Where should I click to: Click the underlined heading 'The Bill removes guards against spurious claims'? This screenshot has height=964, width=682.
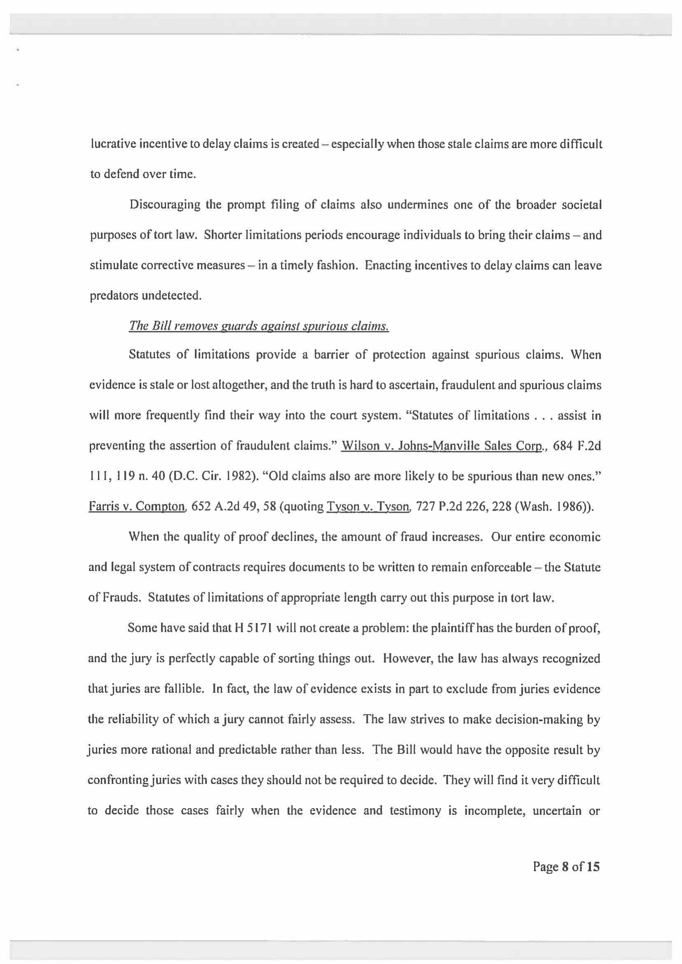coord(259,326)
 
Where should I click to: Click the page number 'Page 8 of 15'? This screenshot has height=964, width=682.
coord(566,866)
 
